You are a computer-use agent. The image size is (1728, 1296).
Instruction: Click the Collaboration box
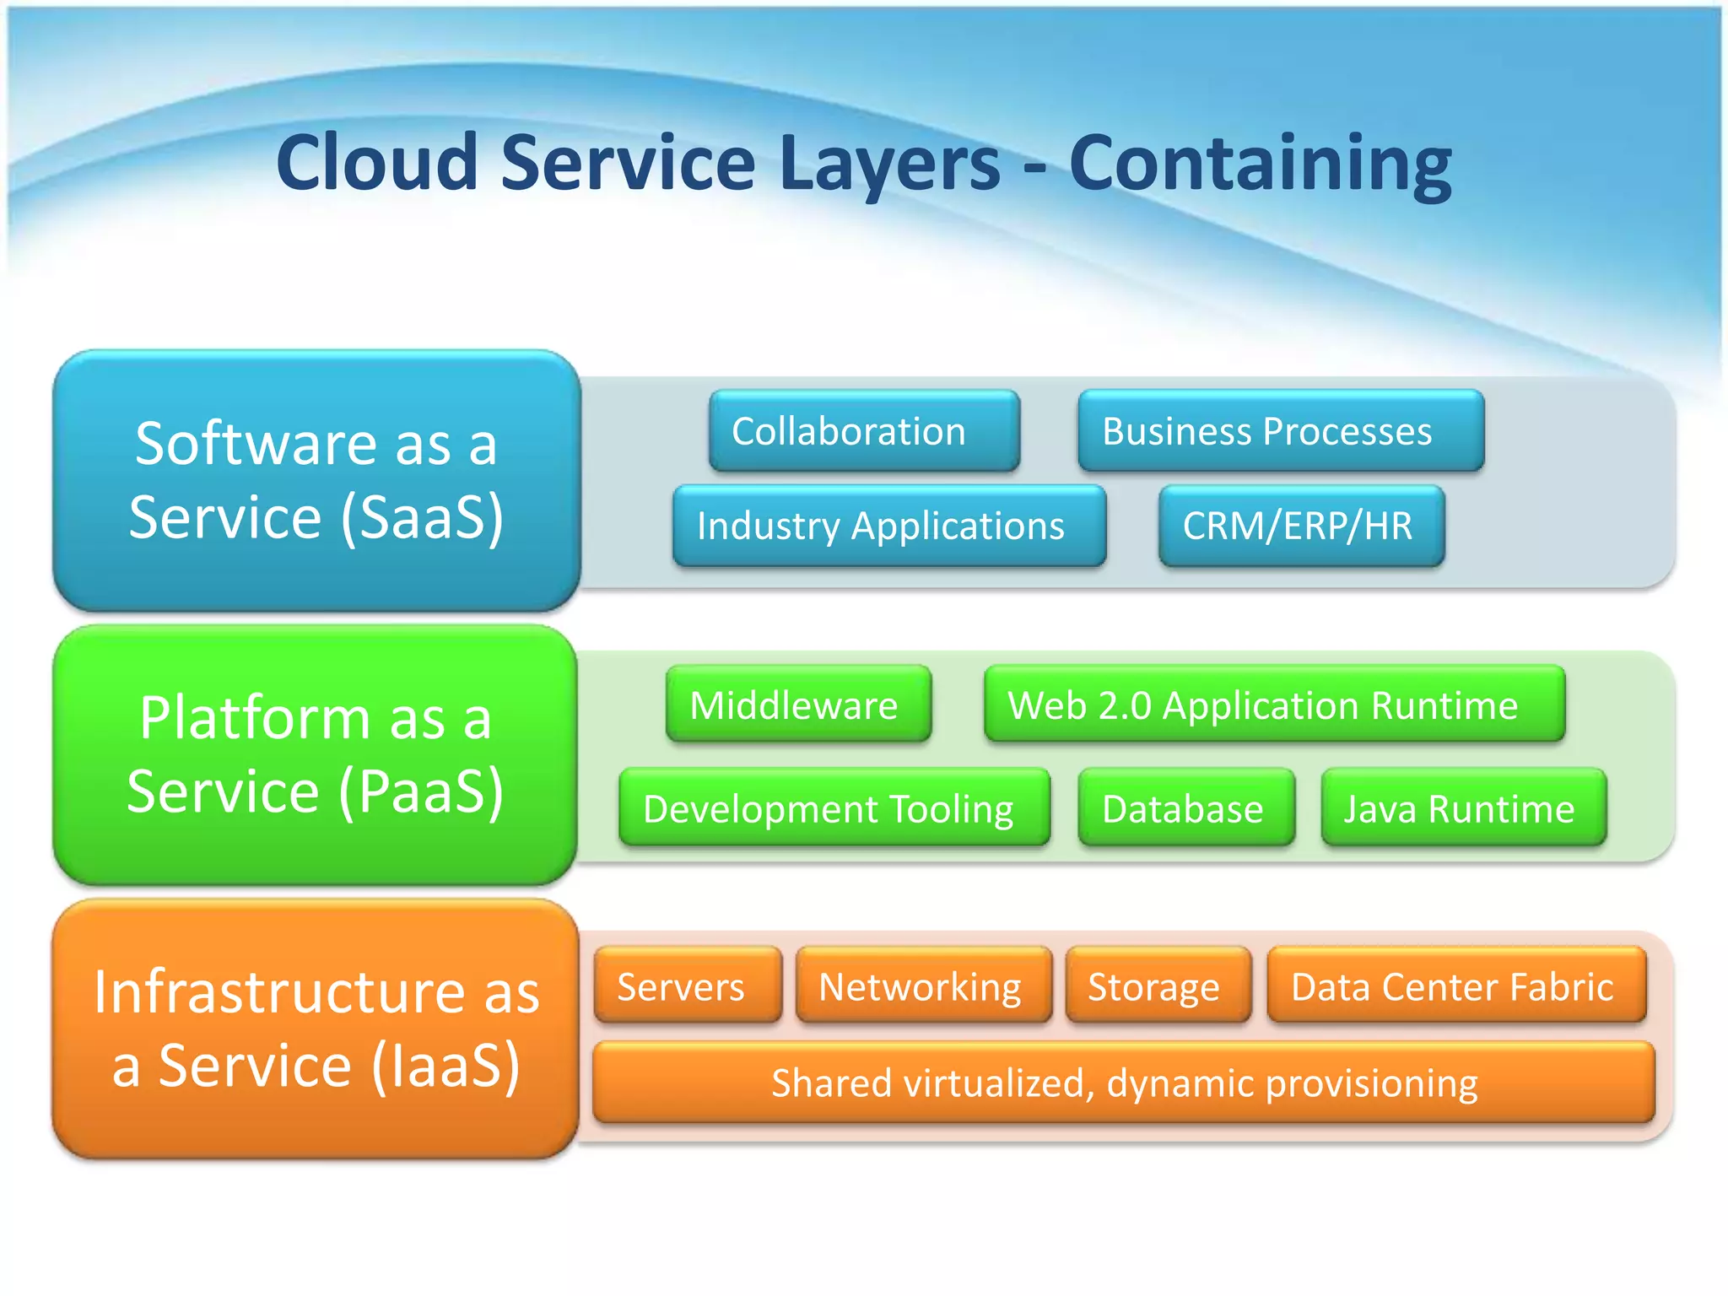click(864, 431)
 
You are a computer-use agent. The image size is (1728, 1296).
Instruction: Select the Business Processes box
click(1280, 431)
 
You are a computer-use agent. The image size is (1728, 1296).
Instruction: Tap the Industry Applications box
click(888, 526)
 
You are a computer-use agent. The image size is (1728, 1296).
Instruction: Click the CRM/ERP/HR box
click(1301, 526)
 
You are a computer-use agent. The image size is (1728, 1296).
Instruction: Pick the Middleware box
click(798, 705)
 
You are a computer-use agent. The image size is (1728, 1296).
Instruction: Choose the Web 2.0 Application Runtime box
click(1274, 705)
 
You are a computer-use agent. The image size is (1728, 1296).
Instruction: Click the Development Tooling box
click(834, 808)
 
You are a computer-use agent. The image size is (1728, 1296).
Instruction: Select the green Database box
click(1185, 808)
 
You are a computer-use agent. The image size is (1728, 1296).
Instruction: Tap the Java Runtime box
click(1463, 808)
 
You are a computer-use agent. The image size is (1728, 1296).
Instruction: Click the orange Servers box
click(687, 985)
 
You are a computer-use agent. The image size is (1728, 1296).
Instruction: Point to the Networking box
click(924, 985)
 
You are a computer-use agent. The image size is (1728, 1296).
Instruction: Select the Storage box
click(1158, 985)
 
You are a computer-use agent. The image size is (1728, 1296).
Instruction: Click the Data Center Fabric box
click(1456, 985)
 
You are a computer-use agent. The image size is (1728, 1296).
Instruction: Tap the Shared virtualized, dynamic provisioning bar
click(1123, 1083)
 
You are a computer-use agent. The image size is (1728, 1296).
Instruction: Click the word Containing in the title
click(1261, 163)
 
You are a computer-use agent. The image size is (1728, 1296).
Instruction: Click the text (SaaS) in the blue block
click(422, 517)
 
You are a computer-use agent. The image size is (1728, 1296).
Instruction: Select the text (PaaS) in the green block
click(421, 791)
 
